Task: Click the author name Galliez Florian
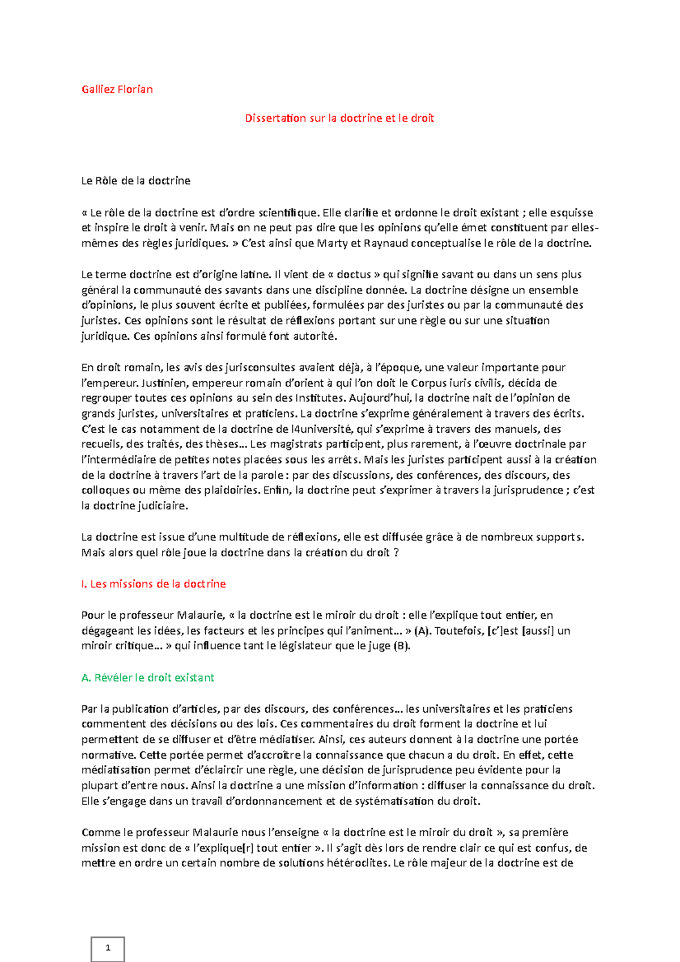click(x=117, y=89)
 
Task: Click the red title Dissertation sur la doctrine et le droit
click(x=339, y=118)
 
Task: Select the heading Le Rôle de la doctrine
click(x=136, y=181)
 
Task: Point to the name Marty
click(x=332, y=244)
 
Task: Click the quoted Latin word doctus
click(x=354, y=275)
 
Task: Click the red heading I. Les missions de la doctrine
click(x=154, y=584)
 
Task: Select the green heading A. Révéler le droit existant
click(x=148, y=678)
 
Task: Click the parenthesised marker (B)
click(x=401, y=646)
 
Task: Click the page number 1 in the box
click(x=108, y=947)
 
